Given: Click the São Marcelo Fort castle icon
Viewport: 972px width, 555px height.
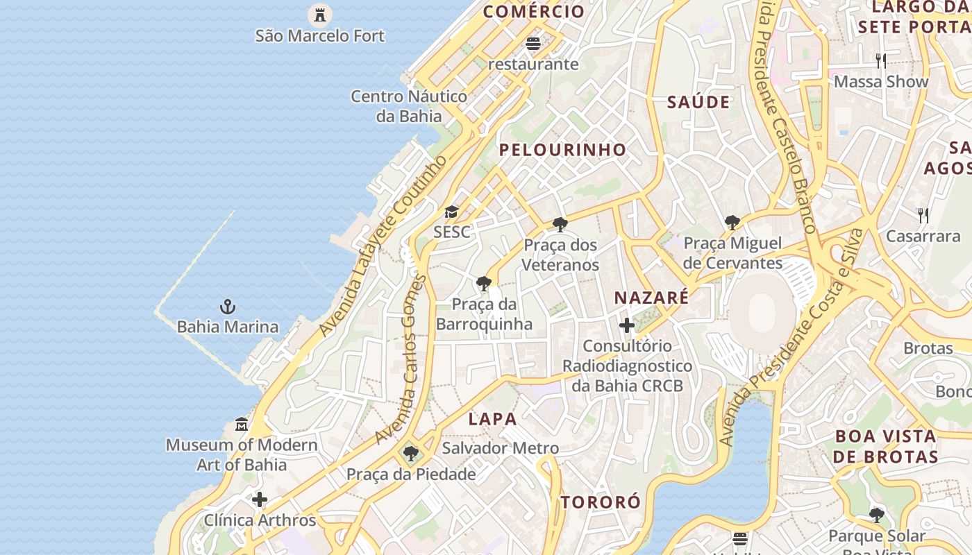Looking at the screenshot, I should point(320,14).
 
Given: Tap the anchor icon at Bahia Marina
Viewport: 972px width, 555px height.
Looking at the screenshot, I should point(228,306).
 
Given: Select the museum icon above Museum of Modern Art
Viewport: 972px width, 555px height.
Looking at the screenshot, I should point(242,424).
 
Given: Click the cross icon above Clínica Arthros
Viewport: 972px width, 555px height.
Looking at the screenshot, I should point(260,499).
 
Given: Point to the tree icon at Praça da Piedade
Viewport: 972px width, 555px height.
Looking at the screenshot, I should point(411,454).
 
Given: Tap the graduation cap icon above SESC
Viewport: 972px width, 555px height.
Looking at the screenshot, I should point(452,212).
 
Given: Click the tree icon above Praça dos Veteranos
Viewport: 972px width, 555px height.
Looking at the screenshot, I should point(560,224).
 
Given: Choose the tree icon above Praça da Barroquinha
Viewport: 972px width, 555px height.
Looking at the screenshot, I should point(484,283).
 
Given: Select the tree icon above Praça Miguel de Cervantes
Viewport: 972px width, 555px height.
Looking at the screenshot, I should point(732,223).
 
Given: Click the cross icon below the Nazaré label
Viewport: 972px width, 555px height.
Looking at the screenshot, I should point(627,325).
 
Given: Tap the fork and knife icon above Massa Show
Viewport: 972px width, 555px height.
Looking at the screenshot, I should point(881,61).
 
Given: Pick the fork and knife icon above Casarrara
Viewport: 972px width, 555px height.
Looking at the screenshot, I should point(923,216).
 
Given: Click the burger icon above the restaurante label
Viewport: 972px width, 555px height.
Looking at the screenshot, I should point(533,44).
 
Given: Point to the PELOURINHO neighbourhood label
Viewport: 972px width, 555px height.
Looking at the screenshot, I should point(562,150).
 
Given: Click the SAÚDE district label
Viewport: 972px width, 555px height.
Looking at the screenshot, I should point(698,103).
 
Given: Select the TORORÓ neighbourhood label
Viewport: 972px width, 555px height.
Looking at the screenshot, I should point(601,502).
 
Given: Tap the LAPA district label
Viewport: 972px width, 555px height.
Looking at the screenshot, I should point(492,419).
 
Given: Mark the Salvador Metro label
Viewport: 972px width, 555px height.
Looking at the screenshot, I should point(500,448).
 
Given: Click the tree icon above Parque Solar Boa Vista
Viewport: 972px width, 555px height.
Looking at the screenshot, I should point(877,515).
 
